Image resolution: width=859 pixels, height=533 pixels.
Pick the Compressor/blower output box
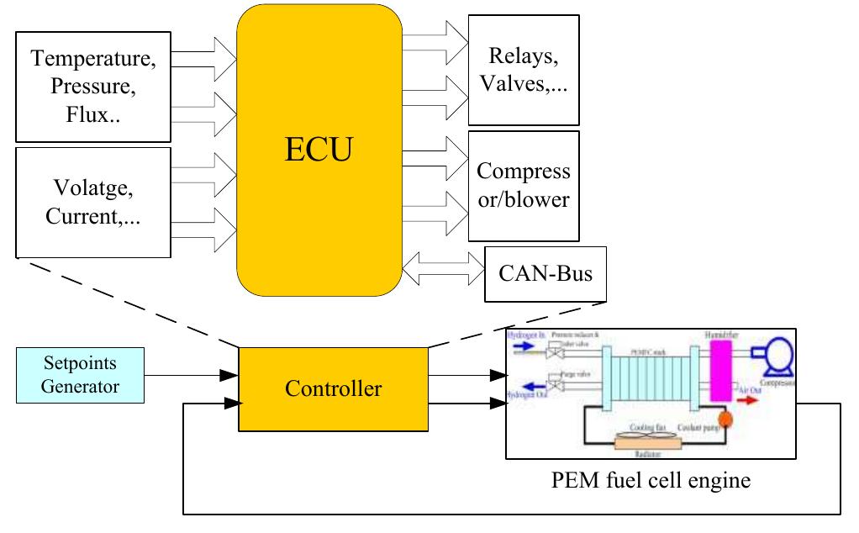pos(524,185)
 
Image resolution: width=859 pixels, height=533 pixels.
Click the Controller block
pos(333,388)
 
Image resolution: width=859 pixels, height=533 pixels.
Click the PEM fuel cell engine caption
pos(651,481)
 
